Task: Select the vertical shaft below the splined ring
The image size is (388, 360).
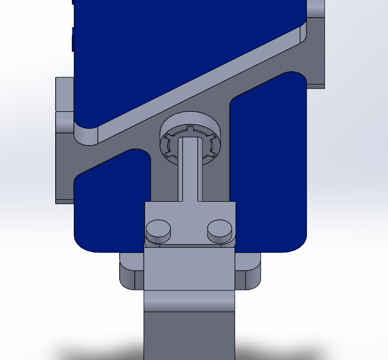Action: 191,171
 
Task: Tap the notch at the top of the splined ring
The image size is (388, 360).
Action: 190,129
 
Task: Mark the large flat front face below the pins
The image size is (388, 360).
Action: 190,269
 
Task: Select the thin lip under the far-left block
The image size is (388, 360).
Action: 64,201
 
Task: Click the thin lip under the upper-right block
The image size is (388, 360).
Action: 316,86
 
